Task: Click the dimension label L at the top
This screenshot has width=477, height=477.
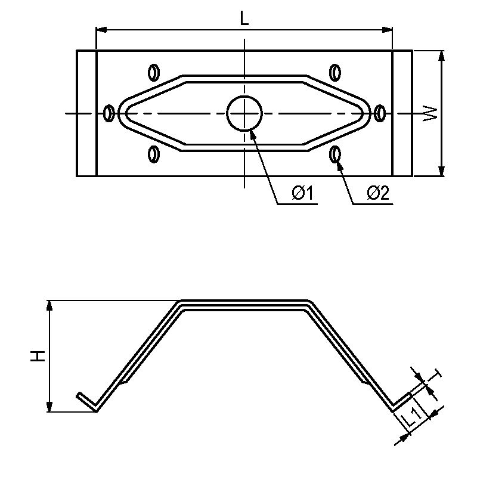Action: click(244, 19)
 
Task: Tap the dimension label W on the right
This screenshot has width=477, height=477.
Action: click(429, 114)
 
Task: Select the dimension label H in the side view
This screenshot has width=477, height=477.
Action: click(38, 356)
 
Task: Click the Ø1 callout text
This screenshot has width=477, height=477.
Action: click(302, 193)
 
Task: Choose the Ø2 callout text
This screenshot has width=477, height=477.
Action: click(378, 193)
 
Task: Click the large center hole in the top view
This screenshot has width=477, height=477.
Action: click(244, 113)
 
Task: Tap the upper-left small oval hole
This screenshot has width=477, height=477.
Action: click(154, 72)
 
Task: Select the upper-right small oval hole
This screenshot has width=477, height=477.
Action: click(335, 72)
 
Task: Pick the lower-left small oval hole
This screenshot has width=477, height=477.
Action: click(154, 154)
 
